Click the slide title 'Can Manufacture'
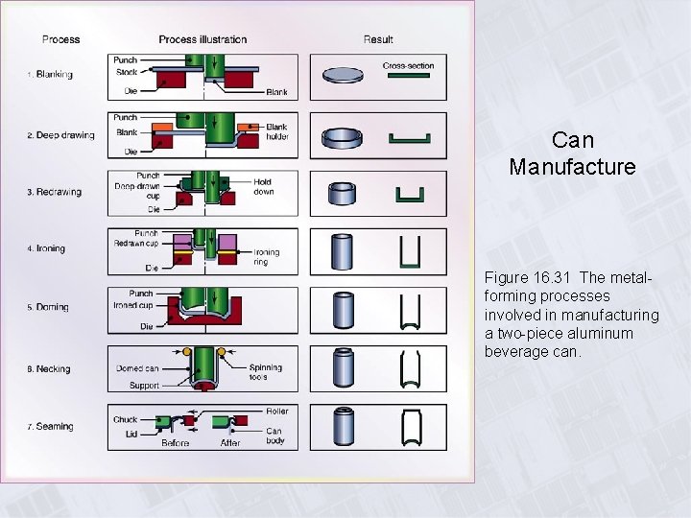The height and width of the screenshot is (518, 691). pyautogui.click(x=572, y=153)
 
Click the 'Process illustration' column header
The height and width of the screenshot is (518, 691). pyautogui.click(x=203, y=39)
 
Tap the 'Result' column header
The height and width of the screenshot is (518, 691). pyautogui.click(x=378, y=39)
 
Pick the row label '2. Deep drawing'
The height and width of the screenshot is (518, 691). pyautogui.click(x=60, y=135)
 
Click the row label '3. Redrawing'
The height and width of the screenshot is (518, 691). pyautogui.click(x=54, y=192)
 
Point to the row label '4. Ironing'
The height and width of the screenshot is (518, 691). pyautogui.click(x=46, y=248)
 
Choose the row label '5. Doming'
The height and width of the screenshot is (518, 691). pyautogui.click(x=48, y=307)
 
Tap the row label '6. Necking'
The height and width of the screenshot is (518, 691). pyautogui.click(x=49, y=369)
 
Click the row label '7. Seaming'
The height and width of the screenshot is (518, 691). pyautogui.click(x=50, y=427)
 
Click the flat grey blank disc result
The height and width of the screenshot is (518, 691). pyautogui.click(x=343, y=76)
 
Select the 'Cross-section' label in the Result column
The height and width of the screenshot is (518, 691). pyautogui.click(x=408, y=66)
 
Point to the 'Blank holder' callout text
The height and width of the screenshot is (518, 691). pyautogui.click(x=277, y=132)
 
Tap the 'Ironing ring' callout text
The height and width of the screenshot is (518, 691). pyautogui.click(x=267, y=257)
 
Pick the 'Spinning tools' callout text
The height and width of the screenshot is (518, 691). pyautogui.click(x=265, y=372)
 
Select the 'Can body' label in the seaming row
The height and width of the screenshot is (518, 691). pyautogui.click(x=274, y=436)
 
